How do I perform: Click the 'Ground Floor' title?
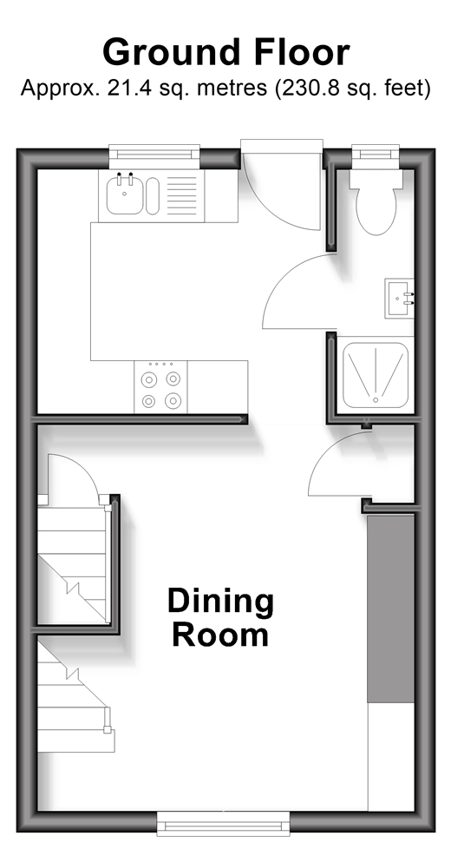[x=225, y=53]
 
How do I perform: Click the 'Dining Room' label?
[x=220, y=617]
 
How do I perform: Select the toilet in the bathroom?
[x=376, y=202]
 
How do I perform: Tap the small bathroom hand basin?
[x=400, y=299]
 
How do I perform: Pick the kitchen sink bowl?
[x=125, y=195]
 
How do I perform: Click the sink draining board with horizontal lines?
[x=181, y=195]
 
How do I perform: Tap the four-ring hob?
[x=160, y=387]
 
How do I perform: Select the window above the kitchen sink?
[x=154, y=153]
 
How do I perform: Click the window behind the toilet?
[x=376, y=152]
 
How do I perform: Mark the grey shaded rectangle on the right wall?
[x=390, y=609]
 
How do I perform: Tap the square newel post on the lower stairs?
[x=108, y=729]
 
